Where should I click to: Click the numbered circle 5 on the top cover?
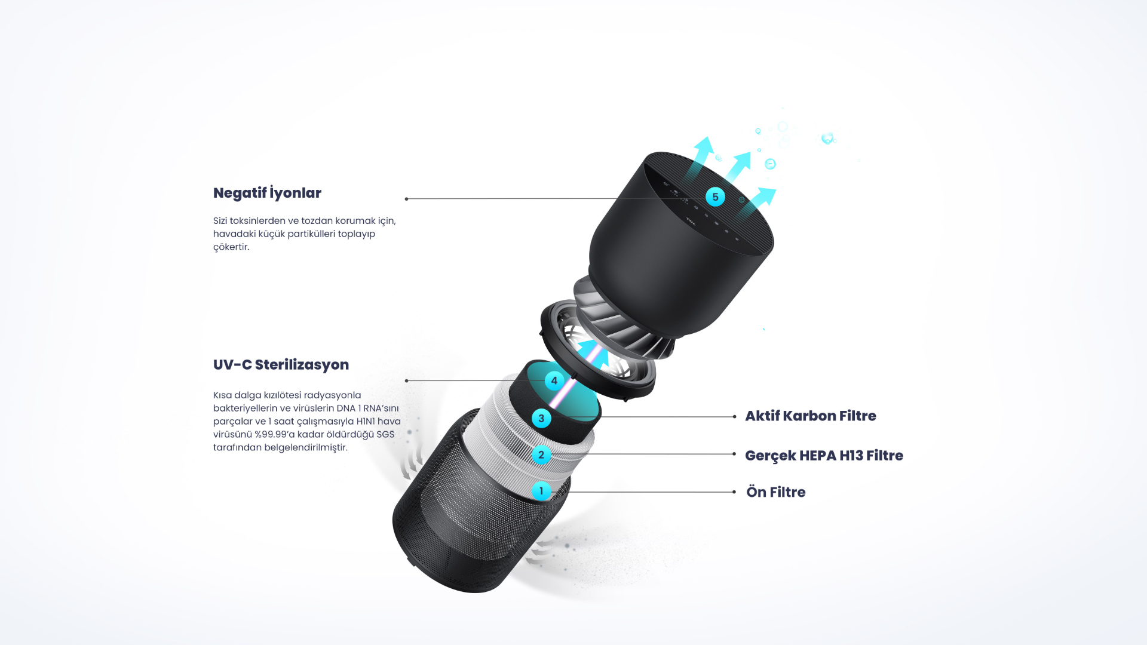point(715,197)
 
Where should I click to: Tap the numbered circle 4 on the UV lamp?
point(554,380)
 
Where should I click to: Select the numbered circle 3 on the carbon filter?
point(541,418)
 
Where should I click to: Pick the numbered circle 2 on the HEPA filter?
point(541,454)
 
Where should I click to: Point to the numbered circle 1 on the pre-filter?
point(541,491)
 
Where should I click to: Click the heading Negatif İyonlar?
point(267,192)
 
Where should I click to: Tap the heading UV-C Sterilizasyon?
point(281,364)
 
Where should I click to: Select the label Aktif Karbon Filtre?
point(811,416)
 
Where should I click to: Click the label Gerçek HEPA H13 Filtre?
point(824,456)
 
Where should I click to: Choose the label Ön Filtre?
point(776,492)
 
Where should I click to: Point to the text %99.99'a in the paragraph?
point(275,434)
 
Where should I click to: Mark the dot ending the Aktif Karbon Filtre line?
point(734,417)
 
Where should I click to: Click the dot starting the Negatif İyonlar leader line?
point(406,199)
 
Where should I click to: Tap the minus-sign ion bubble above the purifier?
point(770,164)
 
